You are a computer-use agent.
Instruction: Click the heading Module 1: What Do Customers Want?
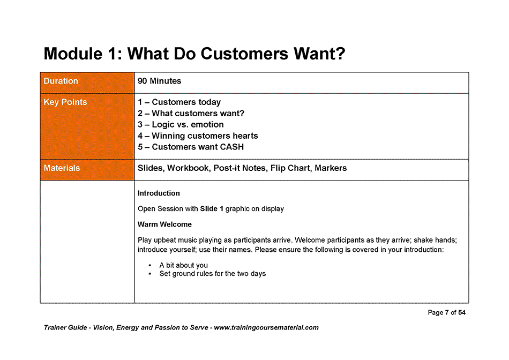pyautogui.click(x=194, y=54)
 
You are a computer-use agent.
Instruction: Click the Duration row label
pyautogui.click(x=61, y=81)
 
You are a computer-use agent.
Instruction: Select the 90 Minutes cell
pyautogui.click(x=160, y=81)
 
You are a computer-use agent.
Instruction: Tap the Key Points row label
pyautogui.click(x=65, y=102)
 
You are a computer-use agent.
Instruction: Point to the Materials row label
pyautogui.click(x=62, y=168)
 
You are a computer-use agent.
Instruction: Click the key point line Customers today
pyautogui.click(x=179, y=102)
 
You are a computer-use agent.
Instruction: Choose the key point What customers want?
pyautogui.click(x=191, y=114)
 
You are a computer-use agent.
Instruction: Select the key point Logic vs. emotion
pyautogui.click(x=181, y=125)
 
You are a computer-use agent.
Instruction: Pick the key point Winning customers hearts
pyautogui.click(x=198, y=136)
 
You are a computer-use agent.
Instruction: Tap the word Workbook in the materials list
pyautogui.click(x=188, y=168)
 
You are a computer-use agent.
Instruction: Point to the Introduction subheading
pyautogui.click(x=159, y=193)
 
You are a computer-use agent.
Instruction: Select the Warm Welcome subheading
pyautogui.click(x=164, y=224)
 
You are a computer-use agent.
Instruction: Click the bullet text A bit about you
pyautogui.click(x=183, y=265)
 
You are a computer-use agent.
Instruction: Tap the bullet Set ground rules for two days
pyautogui.click(x=212, y=274)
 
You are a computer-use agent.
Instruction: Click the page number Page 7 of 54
pyautogui.click(x=446, y=313)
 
